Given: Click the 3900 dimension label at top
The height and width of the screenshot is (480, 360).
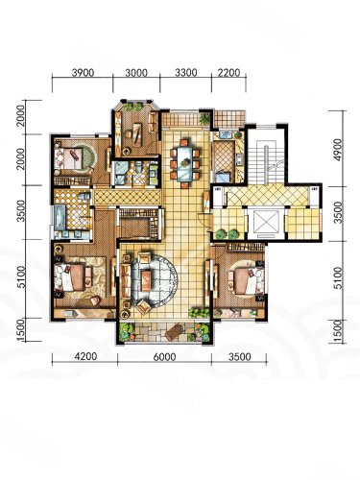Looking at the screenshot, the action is (x=83, y=73).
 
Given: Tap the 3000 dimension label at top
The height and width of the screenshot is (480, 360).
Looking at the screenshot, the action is (x=136, y=73).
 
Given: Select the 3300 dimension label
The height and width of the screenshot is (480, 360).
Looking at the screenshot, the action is (x=186, y=73).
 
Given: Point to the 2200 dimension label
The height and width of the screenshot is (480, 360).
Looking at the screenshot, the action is (x=228, y=73).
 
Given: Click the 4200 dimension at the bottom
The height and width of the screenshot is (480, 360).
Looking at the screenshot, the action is (x=85, y=356).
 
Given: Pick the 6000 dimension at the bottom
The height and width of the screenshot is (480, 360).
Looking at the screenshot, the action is (x=164, y=356).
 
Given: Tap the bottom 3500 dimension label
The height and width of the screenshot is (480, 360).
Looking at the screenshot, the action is (x=240, y=356).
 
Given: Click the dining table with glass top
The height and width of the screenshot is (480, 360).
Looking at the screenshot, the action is (x=184, y=163).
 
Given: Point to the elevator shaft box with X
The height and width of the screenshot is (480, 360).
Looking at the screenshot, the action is (x=266, y=223).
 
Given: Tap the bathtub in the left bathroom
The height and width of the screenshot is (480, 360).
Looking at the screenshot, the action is (x=60, y=217).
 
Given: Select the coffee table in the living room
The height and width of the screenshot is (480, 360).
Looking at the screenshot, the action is (x=146, y=280).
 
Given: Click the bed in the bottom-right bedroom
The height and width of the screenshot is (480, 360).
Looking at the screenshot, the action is (x=246, y=280).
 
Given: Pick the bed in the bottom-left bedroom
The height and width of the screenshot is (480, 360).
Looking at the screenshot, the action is (x=72, y=276).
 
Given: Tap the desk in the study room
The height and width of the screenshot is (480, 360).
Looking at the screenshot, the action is (x=137, y=134).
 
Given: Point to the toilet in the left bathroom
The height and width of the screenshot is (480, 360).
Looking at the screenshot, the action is (x=84, y=195).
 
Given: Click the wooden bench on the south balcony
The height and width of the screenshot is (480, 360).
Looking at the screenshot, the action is (x=174, y=332).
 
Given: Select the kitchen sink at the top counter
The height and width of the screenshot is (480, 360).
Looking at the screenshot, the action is (x=226, y=134).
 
